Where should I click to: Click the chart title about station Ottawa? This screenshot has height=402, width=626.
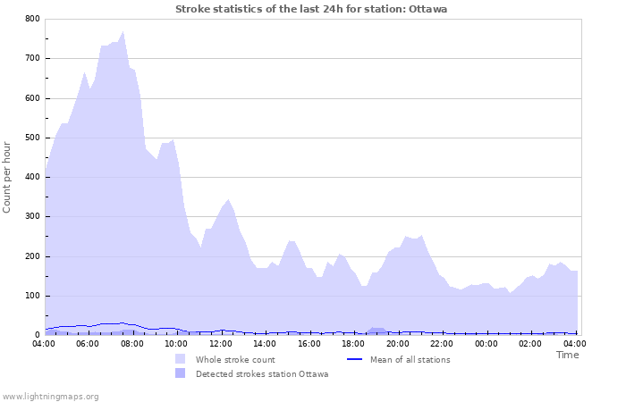[311, 9]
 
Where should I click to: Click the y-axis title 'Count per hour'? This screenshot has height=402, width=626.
[8, 176]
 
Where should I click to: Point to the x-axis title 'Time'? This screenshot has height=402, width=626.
[567, 355]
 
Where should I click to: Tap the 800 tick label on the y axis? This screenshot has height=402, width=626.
[31, 19]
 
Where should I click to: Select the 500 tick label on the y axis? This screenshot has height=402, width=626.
[31, 138]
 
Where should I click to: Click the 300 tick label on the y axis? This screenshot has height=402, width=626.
[31, 217]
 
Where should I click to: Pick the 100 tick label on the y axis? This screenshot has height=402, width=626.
[31, 296]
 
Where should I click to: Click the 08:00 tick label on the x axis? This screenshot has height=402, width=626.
[132, 343]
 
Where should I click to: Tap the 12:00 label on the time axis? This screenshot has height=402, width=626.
[221, 343]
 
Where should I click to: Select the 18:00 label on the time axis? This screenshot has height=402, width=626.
[353, 343]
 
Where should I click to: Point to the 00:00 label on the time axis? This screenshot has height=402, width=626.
[486, 343]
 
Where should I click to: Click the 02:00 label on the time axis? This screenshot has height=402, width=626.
[530, 343]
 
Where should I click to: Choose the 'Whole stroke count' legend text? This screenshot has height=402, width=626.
[235, 359]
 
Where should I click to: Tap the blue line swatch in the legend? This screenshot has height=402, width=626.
[354, 359]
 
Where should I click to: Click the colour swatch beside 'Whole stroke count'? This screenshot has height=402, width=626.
[181, 359]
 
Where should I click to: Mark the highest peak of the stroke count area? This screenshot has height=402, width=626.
[123, 31]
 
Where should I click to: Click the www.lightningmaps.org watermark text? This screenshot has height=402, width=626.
[50, 396]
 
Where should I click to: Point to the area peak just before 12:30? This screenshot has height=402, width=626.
[228, 200]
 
